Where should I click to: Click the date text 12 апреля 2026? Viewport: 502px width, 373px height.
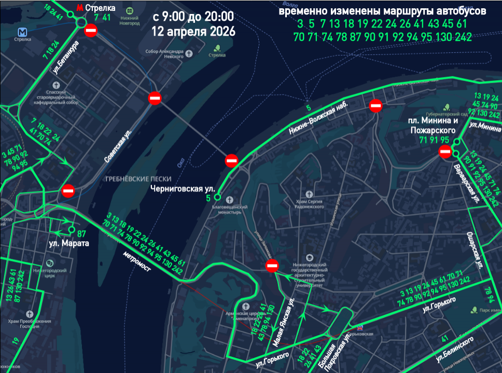193,31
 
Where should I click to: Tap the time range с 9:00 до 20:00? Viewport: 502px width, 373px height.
193,17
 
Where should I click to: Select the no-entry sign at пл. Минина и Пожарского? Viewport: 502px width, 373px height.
445,152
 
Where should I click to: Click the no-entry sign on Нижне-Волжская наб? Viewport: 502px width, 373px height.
376,106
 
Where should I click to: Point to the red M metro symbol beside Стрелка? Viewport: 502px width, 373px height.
79,8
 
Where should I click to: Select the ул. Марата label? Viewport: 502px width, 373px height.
69,243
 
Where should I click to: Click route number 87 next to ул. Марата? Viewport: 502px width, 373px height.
82,233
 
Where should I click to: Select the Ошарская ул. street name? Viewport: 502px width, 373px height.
475,250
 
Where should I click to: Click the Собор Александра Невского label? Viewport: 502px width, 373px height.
165,53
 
